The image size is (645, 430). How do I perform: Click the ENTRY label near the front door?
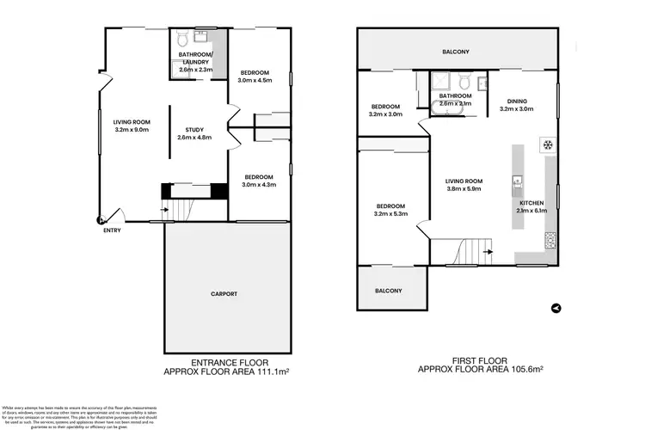click(x=112, y=230)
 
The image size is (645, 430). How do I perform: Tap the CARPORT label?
click(x=224, y=294)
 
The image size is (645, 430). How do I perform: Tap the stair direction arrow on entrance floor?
click(x=165, y=208)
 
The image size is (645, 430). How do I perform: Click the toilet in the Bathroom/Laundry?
click(x=182, y=40)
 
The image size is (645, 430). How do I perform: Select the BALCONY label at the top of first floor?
click(x=457, y=51)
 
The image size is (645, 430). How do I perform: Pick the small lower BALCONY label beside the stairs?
click(x=388, y=291)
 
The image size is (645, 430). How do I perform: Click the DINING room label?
click(x=517, y=101)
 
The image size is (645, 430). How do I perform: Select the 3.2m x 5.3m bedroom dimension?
click(x=390, y=214)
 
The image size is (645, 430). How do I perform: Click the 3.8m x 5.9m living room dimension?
click(x=464, y=189)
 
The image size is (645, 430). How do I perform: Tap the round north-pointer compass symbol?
click(x=556, y=307)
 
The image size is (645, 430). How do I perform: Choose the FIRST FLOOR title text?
click(x=481, y=360)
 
